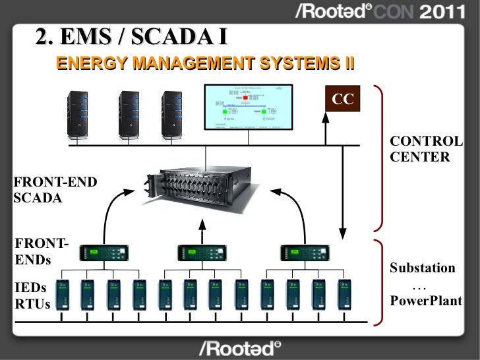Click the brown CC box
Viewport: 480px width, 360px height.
(343, 100)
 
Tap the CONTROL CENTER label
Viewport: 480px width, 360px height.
(426, 150)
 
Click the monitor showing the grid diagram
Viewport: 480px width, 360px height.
(247, 109)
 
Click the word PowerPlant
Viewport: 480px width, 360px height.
(425, 302)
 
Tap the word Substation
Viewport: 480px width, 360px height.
(422, 268)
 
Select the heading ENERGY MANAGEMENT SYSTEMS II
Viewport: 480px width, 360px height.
(205, 63)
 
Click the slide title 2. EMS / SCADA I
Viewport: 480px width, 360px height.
(132, 38)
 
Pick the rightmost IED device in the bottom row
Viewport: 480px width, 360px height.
(344, 296)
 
